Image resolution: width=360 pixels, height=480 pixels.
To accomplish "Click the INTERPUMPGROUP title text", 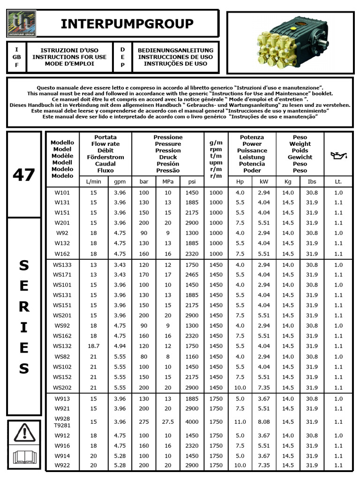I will (x=127, y=24).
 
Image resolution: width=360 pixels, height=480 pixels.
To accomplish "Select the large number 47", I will (x=24, y=175).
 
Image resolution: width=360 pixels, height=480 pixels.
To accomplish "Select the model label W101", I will (x=62, y=192).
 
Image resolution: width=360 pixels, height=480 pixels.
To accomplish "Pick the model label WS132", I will (x=62, y=346).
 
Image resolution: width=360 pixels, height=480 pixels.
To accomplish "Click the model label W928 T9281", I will (x=62, y=421).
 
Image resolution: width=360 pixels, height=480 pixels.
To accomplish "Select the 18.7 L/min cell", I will (x=93, y=346).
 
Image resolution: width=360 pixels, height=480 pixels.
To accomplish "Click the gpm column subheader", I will (x=117, y=181).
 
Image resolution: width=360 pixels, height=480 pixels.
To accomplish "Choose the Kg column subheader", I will (x=288, y=181).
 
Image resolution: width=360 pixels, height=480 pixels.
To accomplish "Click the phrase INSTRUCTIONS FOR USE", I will (x=69, y=57).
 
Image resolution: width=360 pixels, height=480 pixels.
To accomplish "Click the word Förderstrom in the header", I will (x=105, y=157).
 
